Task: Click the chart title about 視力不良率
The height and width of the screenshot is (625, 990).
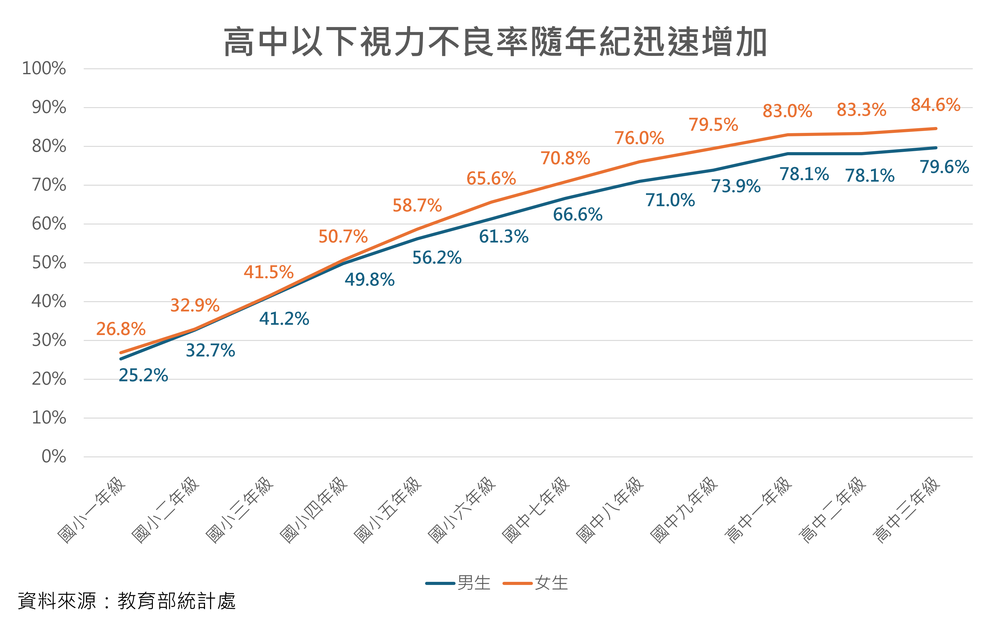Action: click(495, 42)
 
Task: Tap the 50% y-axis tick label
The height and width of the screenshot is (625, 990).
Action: click(49, 263)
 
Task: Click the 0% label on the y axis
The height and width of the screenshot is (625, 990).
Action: click(54, 456)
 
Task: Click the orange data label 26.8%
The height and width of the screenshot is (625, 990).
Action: click(121, 329)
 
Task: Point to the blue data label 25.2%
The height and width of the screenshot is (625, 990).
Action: click(144, 375)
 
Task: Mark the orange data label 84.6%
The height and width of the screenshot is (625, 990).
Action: click(935, 104)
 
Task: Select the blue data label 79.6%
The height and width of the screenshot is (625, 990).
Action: click(944, 167)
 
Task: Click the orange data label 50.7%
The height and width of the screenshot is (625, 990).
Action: click(343, 236)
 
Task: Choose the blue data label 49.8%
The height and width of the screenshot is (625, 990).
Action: click(369, 280)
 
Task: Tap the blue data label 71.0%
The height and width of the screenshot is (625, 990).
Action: click(670, 200)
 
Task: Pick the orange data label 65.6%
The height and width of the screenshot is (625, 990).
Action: click(491, 178)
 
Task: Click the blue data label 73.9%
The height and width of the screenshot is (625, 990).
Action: click(736, 186)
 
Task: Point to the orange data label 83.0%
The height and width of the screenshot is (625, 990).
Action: click(787, 111)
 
